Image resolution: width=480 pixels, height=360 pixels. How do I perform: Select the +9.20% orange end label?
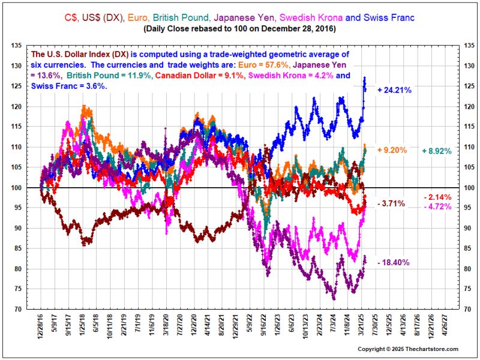[x=394, y=149]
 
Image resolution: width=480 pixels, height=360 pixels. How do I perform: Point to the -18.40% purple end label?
[x=394, y=263]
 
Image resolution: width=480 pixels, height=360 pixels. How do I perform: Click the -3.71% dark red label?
[x=393, y=205]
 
